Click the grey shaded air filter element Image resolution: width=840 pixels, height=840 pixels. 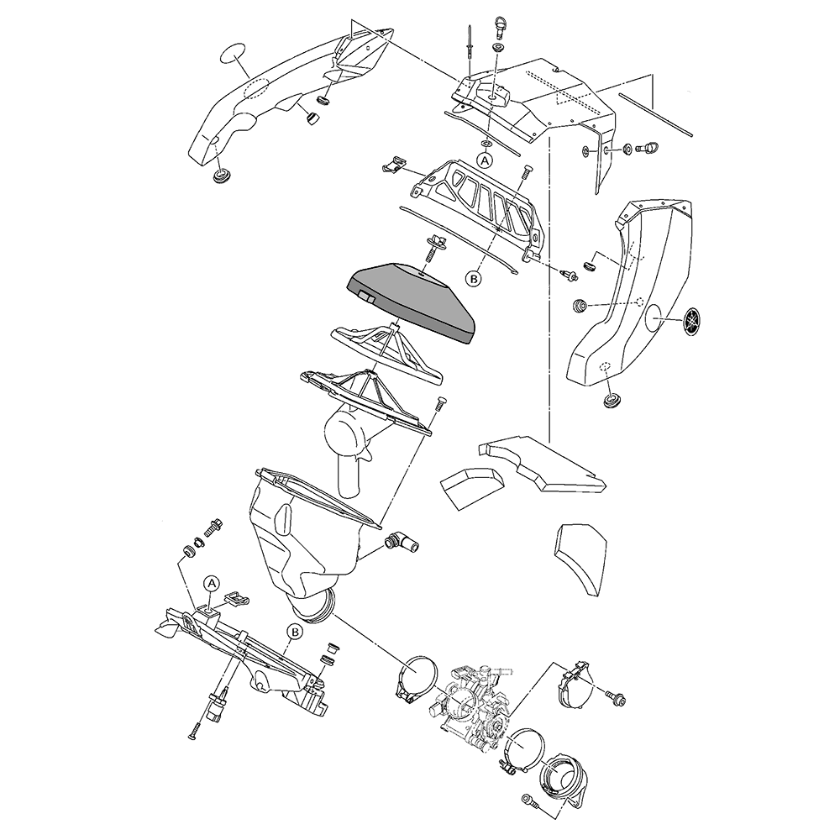click(x=412, y=302)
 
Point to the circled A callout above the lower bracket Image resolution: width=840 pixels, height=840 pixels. click(x=212, y=582)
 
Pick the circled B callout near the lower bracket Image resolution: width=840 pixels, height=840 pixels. click(x=294, y=632)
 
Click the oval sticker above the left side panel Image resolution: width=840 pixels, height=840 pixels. click(x=232, y=55)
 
